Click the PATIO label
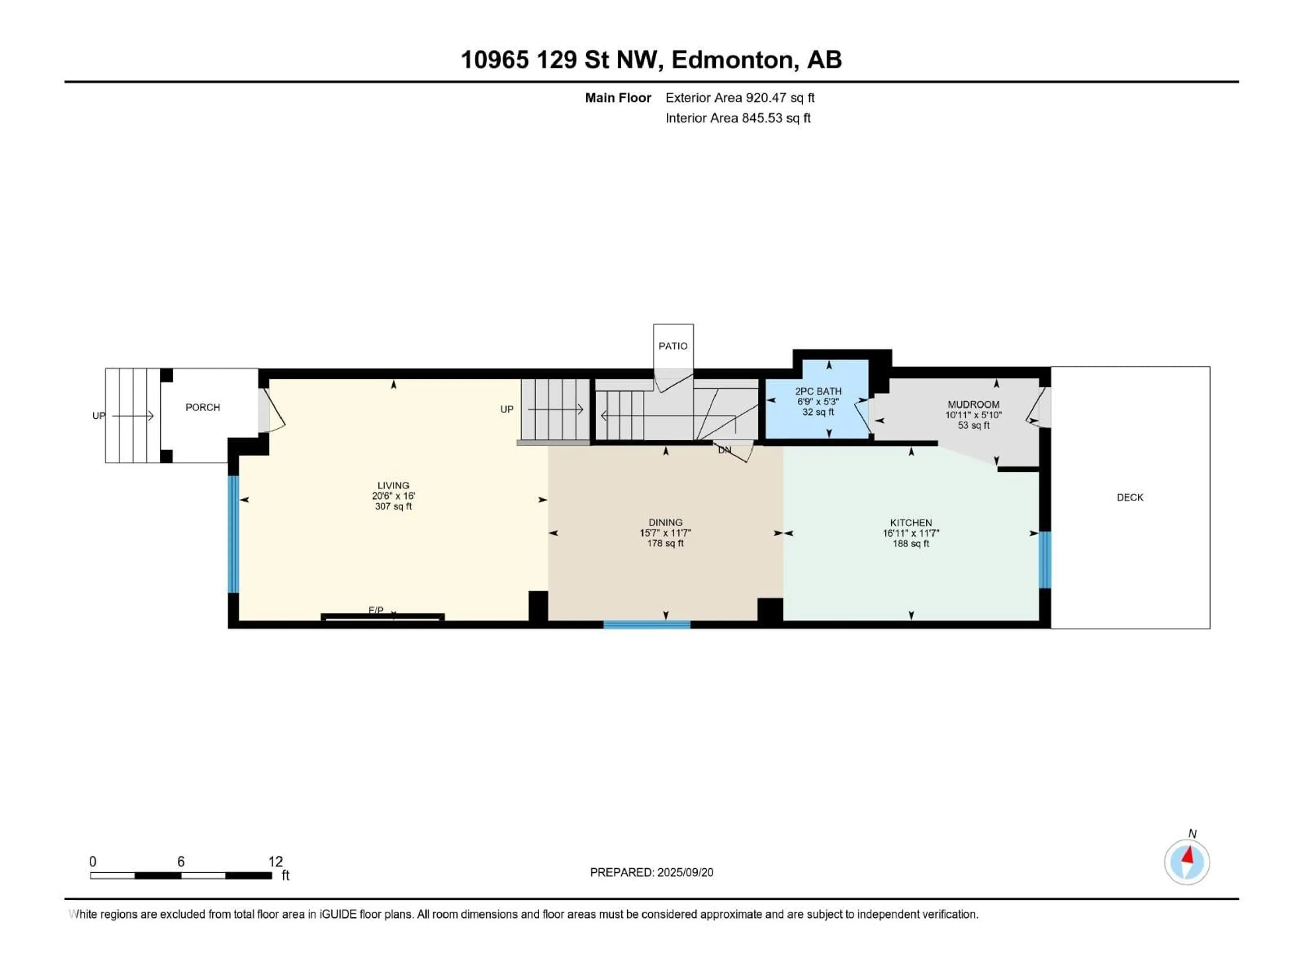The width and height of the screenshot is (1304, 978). pos(673,346)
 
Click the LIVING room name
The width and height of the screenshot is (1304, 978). pos(393,486)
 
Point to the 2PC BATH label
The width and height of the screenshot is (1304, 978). pos(818,392)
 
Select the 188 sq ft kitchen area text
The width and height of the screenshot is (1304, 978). pos(911,544)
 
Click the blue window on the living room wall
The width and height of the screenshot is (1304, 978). pos(233,533)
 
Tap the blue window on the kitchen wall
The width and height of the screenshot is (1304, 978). pos(1044,560)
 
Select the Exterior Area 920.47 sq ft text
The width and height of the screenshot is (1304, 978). pos(740,98)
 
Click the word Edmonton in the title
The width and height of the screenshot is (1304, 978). pos(732,59)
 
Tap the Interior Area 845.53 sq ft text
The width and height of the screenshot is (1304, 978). pos(738,118)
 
